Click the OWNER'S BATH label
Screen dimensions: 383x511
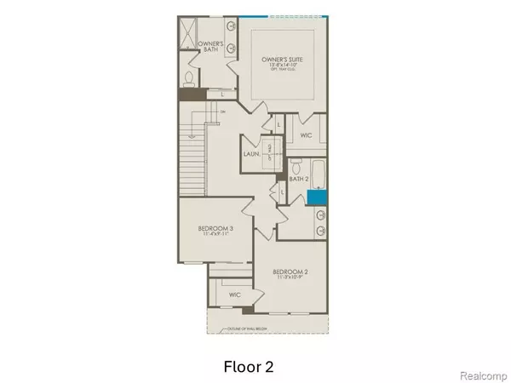pyautogui.click(x=210, y=46)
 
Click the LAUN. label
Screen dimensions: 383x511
pyautogui.click(x=251, y=154)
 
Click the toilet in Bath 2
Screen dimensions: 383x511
pyautogui.click(x=293, y=163)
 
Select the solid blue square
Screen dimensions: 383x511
pyautogui.click(x=317, y=196)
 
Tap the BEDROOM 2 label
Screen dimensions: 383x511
pyautogui.click(x=290, y=270)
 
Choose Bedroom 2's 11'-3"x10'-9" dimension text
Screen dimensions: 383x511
pyautogui.click(x=290, y=277)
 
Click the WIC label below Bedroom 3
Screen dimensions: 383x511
pyautogui.click(x=234, y=294)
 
